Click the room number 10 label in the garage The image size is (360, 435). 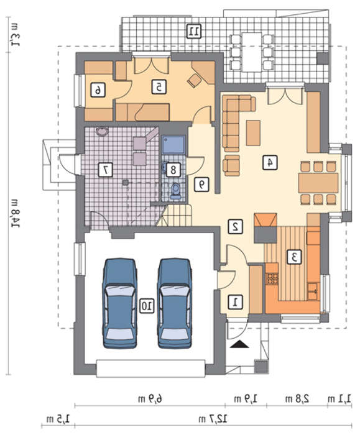click(x=146, y=306)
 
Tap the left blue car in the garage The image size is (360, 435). click(x=119, y=303)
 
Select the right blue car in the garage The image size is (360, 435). click(x=175, y=303)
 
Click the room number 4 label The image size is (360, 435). click(x=270, y=162)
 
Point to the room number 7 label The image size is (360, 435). click(x=106, y=170)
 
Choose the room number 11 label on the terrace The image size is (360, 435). click(x=194, y=31)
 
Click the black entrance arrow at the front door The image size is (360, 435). click(x=239, y=344)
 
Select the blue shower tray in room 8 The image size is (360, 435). click(x=173, y=145)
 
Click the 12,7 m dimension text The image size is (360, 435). click(x=213, y=419)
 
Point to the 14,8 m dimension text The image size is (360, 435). click(x=15, y=213)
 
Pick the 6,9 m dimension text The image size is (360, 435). click(x=150, y=399)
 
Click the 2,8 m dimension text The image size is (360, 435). click(x=297, y=399)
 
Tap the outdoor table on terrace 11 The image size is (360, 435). click(x=252, y=52)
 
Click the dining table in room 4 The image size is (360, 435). click(x=318, y=183)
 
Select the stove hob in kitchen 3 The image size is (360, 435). click(x=272, y=278)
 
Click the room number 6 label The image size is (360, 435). click(x=98, y=90)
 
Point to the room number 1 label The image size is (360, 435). click(x=235, y=303)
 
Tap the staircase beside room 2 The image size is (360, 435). click(x=175, y=216)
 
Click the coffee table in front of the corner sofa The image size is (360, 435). click(x=253, y=133)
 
